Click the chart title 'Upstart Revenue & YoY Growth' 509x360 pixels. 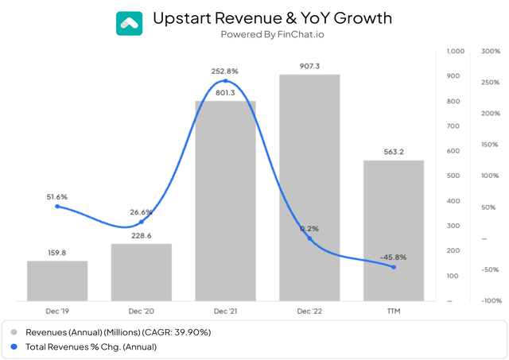273,17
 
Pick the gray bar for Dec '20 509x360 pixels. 142,272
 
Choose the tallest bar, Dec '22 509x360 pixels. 309,188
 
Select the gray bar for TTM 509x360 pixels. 394,230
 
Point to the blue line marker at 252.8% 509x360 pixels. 226,81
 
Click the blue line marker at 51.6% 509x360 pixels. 57,207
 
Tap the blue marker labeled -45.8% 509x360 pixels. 394,267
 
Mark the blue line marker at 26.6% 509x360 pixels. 142,222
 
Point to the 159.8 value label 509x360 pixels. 57,254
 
